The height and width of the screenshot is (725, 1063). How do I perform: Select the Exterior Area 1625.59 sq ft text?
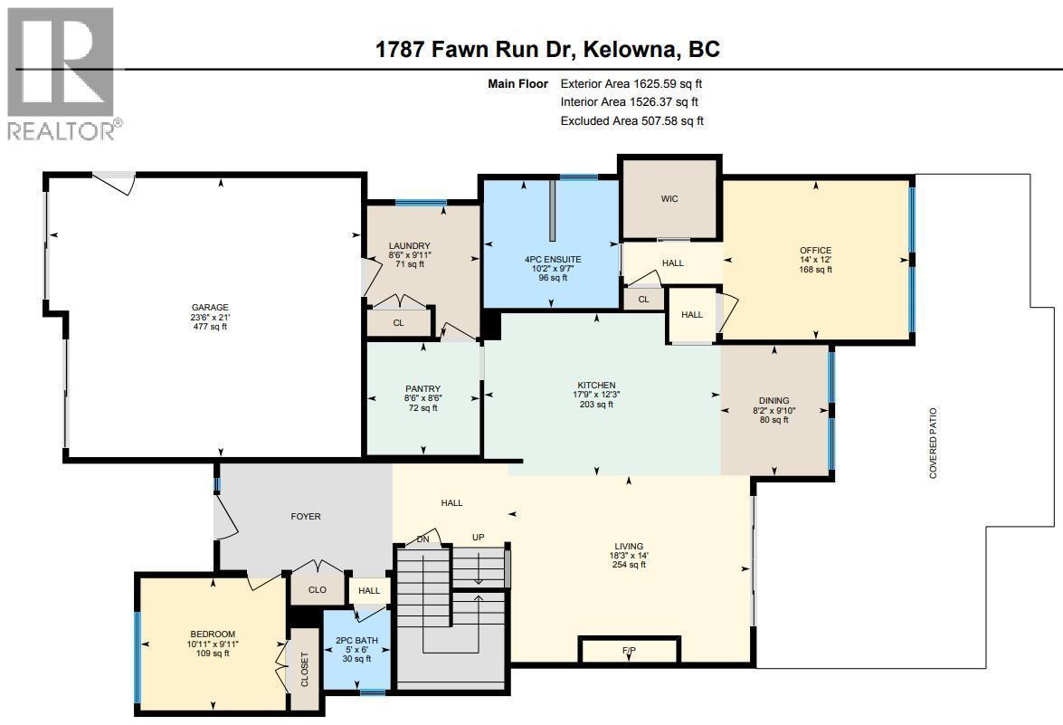pyautogui.click(x=631, y=83)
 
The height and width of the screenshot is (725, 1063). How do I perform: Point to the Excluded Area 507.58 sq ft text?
pyautogui.click(x=631, y=120)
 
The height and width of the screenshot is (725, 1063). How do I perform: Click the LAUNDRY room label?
pyautogui.click(x=409, y=246)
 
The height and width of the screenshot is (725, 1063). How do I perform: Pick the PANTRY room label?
pyautogui.click(x=422, y=389)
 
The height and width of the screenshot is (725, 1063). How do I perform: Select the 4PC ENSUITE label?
pyautogui.click(x=552, y=260)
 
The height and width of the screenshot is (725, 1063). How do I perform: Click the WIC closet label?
pyautogui.click(x=669, y=199)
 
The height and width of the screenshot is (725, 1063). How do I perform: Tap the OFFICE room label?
pyautogui.click(x=815, y=251)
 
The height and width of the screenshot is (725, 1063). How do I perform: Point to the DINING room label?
pyautogui.click(x=774, y=401)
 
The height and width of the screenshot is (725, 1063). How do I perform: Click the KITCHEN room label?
pyautogui.click(x=597, y=386)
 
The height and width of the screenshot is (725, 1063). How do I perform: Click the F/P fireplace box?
pyautogui.click(x=629, y=651)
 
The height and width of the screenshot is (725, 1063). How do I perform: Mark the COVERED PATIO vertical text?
pyautogui.click(x=933, y=443)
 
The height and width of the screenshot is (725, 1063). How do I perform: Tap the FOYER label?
pyautogui.click(x=306, y=517)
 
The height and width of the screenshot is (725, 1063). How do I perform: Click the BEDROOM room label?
pyautogui.click(x=213, y=634)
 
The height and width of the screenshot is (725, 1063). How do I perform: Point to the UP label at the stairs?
pyautogui.click(x=479, y=538)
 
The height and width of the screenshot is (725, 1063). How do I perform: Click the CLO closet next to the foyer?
pyautogui.click(x=317, y=589)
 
